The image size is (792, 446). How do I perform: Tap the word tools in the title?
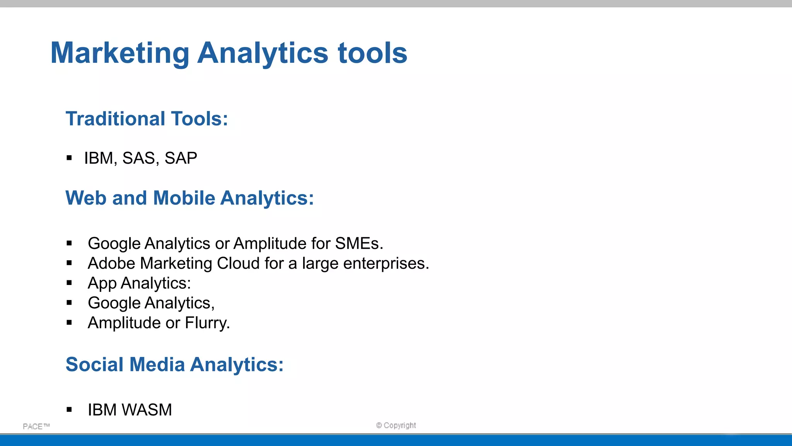[x=372, y=53]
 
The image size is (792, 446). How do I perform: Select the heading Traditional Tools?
[x=147, y=118]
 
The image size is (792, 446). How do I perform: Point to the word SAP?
[x=181, y=158]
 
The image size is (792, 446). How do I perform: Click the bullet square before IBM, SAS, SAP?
[x=69, y=158]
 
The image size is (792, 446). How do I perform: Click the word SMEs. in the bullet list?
[x=359, y=244]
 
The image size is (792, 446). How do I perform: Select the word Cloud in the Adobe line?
[x=238, y=263]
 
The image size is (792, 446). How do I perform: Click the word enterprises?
[x=386, y=263]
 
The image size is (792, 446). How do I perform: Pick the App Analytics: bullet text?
[x=139, y=283]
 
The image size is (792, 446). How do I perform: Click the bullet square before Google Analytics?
[x=69, y=303]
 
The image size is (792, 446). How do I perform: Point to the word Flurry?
[x=207, y=323]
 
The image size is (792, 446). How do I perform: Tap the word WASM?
[x=147, y=410]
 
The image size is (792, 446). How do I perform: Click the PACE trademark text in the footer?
[x=36, y=426]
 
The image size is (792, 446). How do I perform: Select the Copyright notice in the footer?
[x=396, y=425]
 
